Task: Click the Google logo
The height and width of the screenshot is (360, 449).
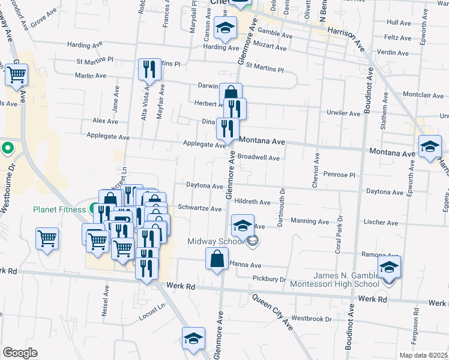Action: click(x=20, y=353)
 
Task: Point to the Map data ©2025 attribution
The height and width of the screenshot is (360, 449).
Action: click(x=424, y=355)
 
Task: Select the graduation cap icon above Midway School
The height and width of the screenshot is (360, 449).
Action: click(x=243, y=226)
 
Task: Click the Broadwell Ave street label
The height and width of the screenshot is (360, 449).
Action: click(x=259, y=158)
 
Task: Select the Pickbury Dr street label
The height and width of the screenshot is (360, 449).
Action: click(x=270, y=278)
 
